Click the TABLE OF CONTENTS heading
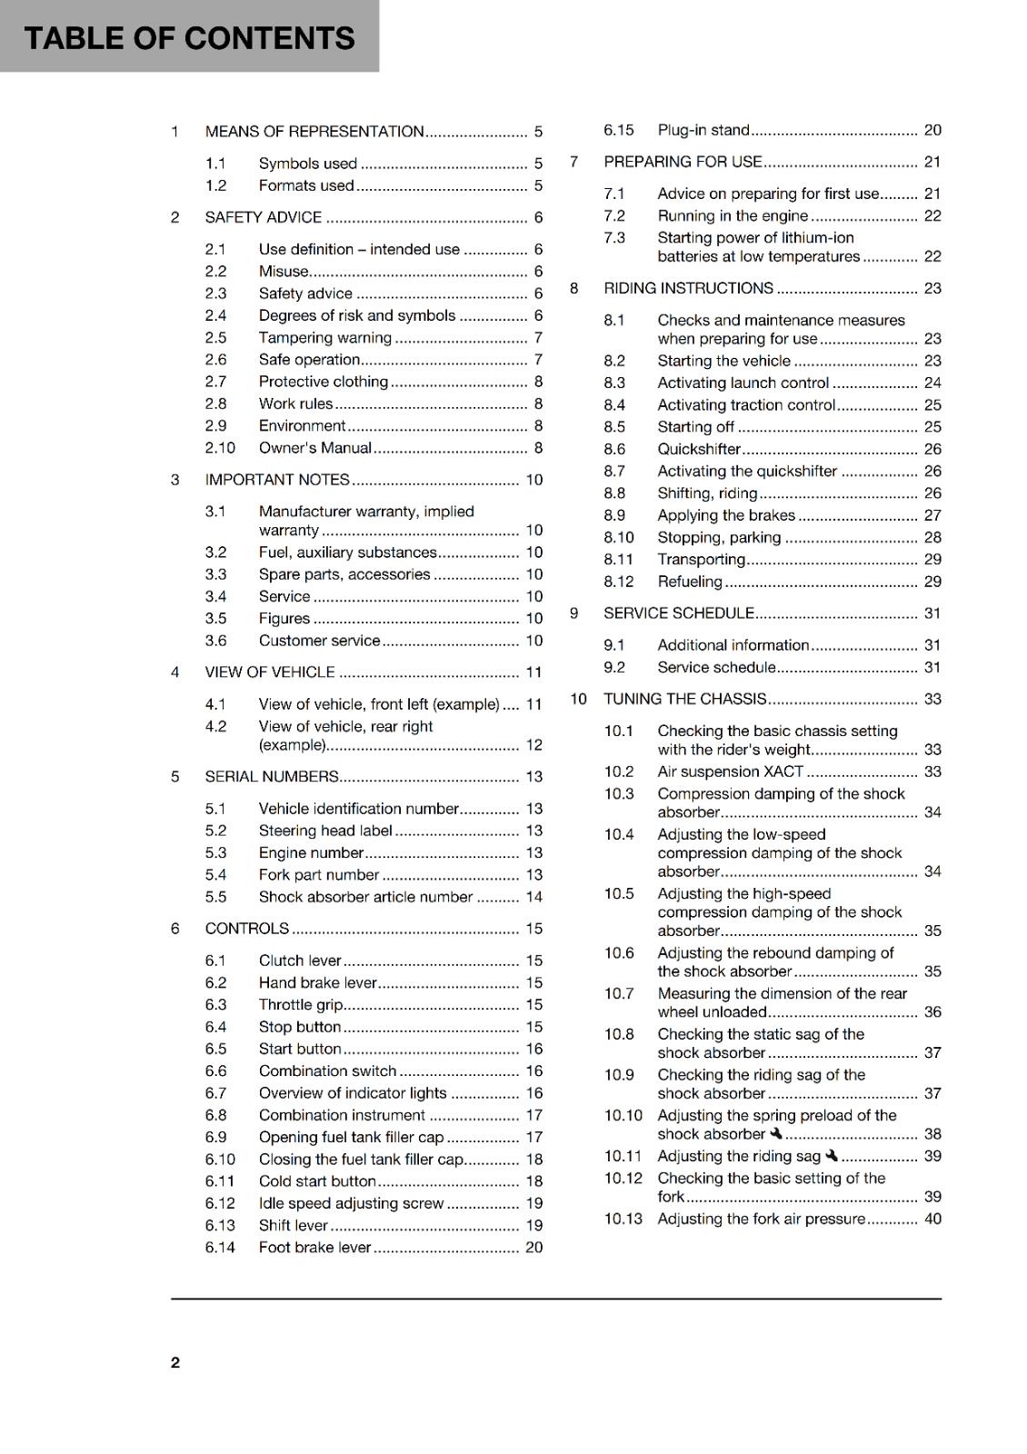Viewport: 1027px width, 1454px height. tap(189, 38)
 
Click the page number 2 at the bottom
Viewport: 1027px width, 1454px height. tap(175, 1362)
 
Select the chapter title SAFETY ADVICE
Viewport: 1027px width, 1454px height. tap(263, 217)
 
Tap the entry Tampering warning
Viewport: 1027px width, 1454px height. tap(324, 338)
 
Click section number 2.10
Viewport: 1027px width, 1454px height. tap(220, 448)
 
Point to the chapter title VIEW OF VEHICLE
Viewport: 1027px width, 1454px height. tap(270, 672)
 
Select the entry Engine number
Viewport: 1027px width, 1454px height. tap(311, 853)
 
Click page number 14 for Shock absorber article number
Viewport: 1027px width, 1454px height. tap(533, 897)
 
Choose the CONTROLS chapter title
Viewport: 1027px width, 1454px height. tap(246, 929)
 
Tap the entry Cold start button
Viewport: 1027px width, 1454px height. tap(317, 1181)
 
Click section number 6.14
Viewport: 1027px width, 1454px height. tap(220, 1248)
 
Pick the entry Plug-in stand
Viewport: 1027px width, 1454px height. tap(703, 130)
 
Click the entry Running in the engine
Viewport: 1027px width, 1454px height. tap(733, 216)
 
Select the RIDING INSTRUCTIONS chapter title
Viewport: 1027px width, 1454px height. tap(688, 288)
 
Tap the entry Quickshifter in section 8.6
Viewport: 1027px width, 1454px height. tap(699, 449)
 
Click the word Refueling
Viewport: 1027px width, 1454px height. tap(690, 582)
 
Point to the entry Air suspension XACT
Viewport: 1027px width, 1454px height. tap(730, 772)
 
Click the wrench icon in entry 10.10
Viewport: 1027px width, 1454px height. tap(776, 1133)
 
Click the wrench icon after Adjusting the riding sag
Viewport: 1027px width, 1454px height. tap(832, 1156)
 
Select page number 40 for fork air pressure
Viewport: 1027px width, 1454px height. tap(932, 1219)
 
